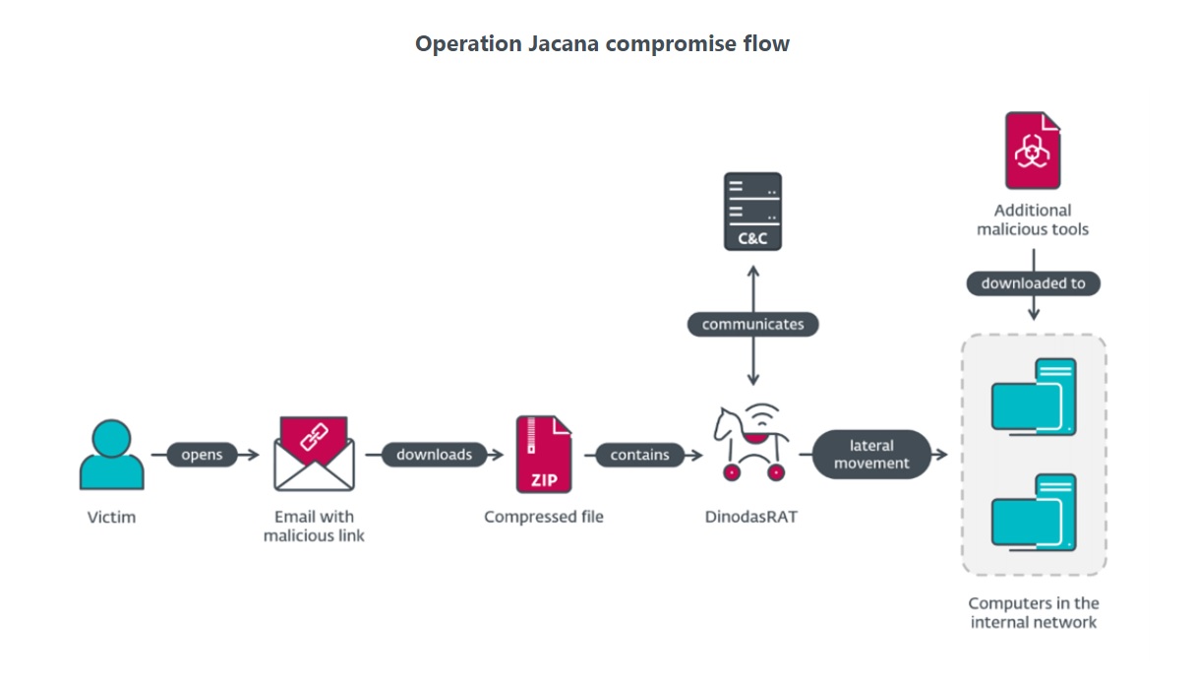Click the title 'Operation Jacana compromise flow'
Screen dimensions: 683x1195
pyautogui.click(x=602, y=44)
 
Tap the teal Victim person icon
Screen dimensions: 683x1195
pyautogui.click(x=111, y=456)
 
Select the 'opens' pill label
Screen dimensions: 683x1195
pyautogui.click(x=202, y=455)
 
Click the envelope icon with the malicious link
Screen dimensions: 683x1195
pyautogui.click(x=314, y=454)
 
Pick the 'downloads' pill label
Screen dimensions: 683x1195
pyautogui.click(x=434, y=455)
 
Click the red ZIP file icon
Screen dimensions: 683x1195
pyautogui.click(x=544, y=454)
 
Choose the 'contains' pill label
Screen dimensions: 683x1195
pyautogui.click(x=639, y=455)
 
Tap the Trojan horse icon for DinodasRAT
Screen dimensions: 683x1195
pyautogui.click(x=750, y=444)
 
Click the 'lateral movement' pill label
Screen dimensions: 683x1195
pyautogui.click(x=871, y=455)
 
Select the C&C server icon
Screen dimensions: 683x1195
pyautogui.click(x=752, y=211)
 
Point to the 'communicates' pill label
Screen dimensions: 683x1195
pyautogui.click(x=752, y=324)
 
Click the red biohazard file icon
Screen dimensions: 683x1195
pyautogui.click(x=1032, y=151)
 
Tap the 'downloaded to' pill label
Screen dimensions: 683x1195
pyautogui.click(x=1033, y=283)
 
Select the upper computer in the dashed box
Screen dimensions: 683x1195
pyautogui.click(x=1034, y=398)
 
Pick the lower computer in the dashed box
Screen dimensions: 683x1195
pyautogui.click(x=1034, y=513)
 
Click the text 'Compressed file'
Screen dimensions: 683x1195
pyautogui.click(x=544, y=517)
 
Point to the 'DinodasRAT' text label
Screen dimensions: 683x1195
pyautogui.click(x=752, y=517)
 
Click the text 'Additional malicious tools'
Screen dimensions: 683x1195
pyautogui.click(x=1033, y=219)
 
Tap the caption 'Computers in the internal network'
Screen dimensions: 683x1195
pyautogui.click(x=1034, y=612)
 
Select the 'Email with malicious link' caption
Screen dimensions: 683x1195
pyautogui.click(x=314, y=527)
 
